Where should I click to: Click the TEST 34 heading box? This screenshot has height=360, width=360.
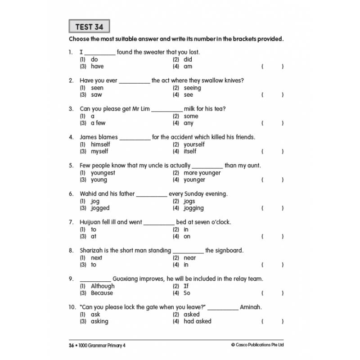point(90,27)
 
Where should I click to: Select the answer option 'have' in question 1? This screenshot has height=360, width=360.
point(97,67)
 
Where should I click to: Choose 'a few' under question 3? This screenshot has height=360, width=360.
point(98,123)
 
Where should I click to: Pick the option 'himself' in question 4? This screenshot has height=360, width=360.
point(100,144)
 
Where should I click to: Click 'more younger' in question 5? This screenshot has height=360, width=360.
point(202,173)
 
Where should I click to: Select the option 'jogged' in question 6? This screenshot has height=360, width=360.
point(100,208)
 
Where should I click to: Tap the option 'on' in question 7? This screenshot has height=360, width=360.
point(187,237)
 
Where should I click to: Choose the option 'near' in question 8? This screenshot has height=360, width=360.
point(190,258)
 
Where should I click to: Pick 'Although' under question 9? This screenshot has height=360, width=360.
point(103,286)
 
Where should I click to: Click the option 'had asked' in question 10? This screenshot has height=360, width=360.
point(198,321)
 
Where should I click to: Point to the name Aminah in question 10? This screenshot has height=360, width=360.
point(251,307)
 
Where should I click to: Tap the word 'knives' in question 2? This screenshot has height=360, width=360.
point(233,81)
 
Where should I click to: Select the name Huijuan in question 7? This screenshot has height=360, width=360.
point(92,222)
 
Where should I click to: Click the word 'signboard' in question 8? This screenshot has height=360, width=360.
point(229,251)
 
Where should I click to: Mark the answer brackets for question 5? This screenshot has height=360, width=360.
point(272,180)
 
